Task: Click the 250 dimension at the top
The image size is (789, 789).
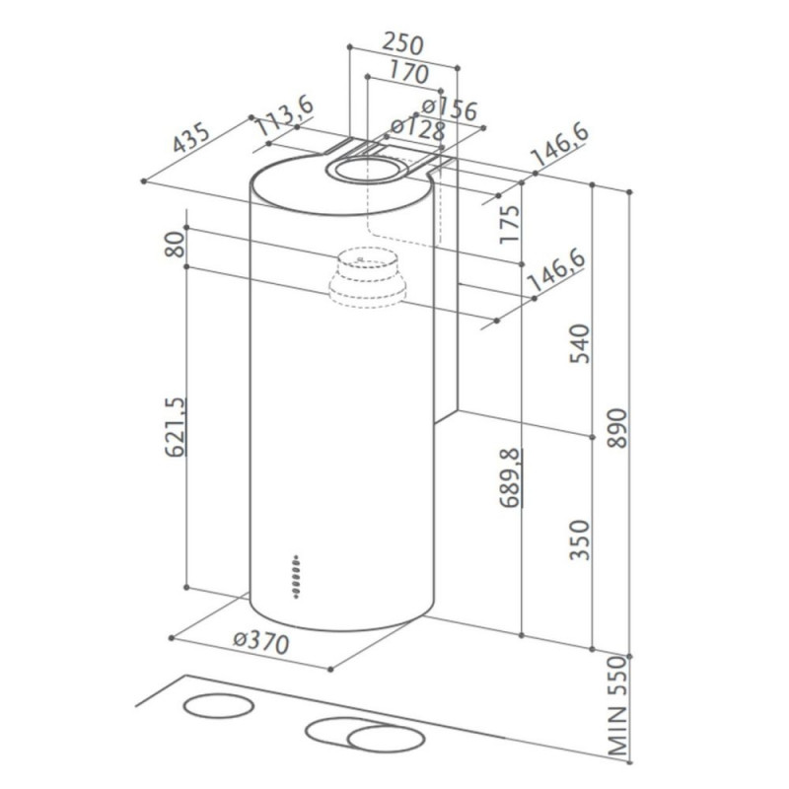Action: (x=402, y=43)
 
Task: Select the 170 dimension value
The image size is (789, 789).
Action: (x=407, y=72)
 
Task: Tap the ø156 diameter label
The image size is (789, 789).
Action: (x=450, y=109)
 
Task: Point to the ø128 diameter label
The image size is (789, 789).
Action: (x=418, y=129)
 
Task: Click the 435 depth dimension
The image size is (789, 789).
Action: (x=191, y=137)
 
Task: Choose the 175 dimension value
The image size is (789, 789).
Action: (x=509, y=224)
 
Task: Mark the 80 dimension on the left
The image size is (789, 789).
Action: (x=176, y=245)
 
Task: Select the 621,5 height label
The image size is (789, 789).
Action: (x=177, y=426)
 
